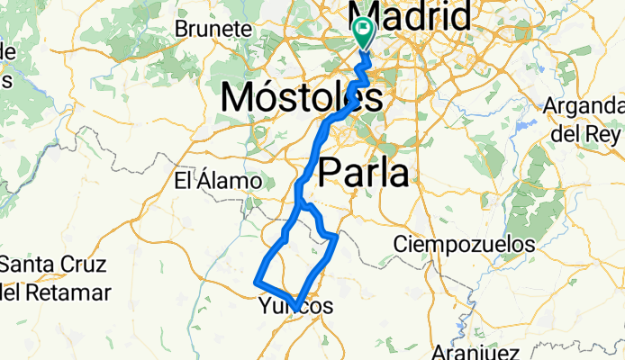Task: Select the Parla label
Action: click(363, 172)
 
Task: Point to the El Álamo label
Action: click(217, 181)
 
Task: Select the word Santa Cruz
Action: click(53, 265)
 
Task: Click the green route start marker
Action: click(364, 32)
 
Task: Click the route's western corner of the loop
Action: click(259, 283)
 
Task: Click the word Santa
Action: click(25, 265)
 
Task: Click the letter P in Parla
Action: click(331, 172)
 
